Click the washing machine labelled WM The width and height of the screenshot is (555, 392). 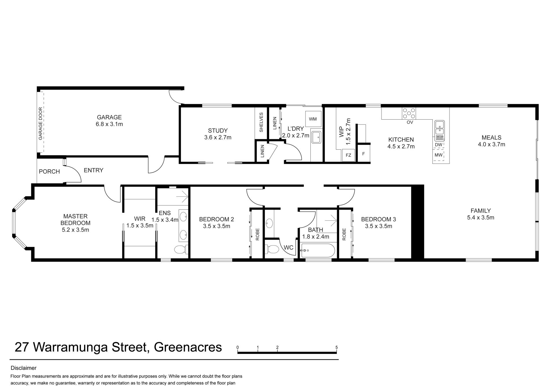coord(313,119)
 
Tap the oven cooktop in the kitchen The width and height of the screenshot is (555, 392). coord(409,113)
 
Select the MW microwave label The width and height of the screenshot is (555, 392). coord(439,155)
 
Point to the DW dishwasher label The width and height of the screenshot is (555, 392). coord(439,144)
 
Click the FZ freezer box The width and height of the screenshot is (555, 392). coord(348,155)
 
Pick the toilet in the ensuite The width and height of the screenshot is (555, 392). coord(181,249)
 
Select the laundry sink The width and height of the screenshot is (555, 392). coord(316,137)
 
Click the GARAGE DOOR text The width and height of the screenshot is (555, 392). coord(40,123)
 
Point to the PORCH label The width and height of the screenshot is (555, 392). coord(49,172)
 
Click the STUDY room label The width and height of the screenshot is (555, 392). coord(218,131)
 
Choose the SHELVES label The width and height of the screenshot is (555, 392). coord(261,122)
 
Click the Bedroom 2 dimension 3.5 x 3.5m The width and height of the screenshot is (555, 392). coord(217,226)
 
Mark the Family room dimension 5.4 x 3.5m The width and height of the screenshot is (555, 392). coord(481,218)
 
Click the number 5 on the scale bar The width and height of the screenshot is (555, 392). coord(336,347)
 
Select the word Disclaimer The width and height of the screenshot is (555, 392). coord(24,368)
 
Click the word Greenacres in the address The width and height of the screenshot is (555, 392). coord(188,347)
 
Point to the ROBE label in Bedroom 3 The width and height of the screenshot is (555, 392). coord(344,234)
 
